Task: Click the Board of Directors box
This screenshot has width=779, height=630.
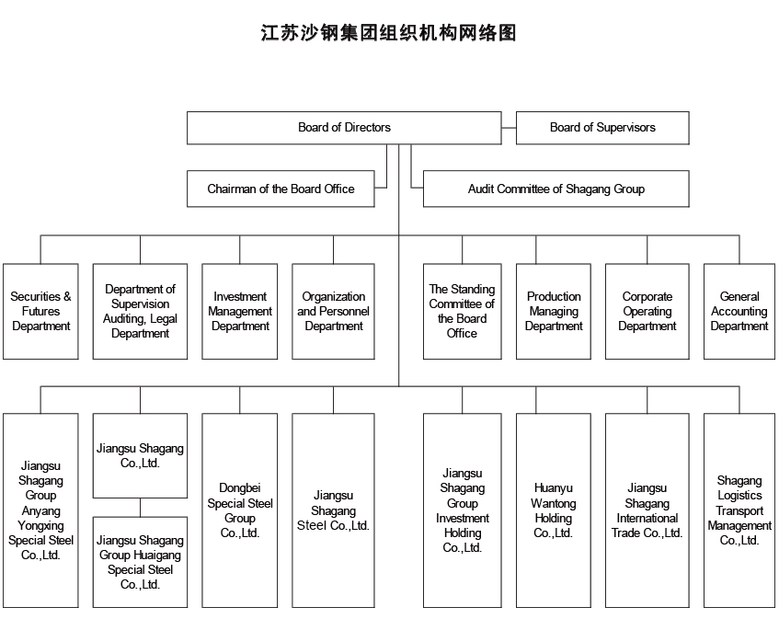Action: (344, 128)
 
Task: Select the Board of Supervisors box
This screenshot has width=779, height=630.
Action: (602, 128)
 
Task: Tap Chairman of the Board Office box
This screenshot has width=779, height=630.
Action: (281, 189)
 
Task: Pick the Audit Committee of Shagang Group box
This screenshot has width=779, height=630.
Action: (556, 189)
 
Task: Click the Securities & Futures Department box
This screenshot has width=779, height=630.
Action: (40, 312)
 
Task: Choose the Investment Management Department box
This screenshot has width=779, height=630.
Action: (240, 312)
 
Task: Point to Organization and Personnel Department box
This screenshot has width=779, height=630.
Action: (334, 312)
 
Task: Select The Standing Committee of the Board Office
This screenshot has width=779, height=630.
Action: (462, 312)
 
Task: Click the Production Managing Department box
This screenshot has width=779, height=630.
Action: (554, 312)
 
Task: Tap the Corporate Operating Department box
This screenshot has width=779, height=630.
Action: (647, 312)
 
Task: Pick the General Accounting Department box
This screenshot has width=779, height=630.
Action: (739, 312)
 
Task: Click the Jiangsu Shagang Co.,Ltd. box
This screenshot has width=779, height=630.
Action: (140, 455)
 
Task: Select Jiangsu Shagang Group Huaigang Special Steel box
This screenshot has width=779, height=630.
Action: (140, 562)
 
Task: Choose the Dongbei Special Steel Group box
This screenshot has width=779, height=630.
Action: (240, 510)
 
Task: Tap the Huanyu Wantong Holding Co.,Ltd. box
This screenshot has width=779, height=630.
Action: (554, 510)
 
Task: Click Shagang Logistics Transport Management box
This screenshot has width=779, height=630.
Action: (739, 510)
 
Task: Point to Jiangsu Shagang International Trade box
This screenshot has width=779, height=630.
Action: (647, 510)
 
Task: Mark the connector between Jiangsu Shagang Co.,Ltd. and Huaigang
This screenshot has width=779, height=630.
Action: (141, 508)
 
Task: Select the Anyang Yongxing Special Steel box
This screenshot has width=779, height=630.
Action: (40, 510)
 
